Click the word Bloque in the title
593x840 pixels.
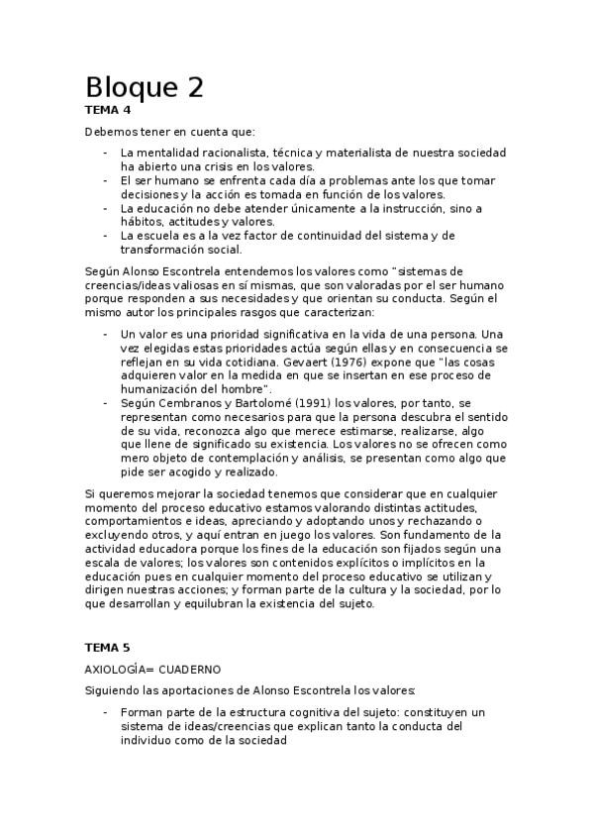click(128, 87)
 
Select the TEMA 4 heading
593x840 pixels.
click(108, 110)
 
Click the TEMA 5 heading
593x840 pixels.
click(108, 647)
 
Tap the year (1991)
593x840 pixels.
click(283, 404)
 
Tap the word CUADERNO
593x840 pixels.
click(194, 669)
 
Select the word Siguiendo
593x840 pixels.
click(114, 690)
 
